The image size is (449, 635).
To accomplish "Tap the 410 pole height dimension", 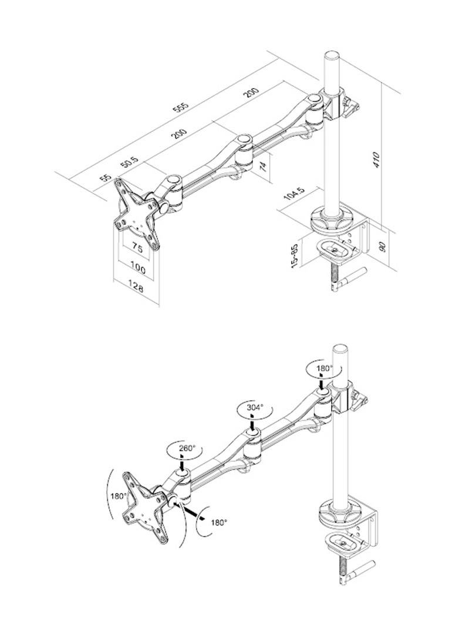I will [x=377, y=160].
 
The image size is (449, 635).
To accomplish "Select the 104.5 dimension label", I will [x=293, y=195].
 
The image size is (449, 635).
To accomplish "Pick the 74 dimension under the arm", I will [x=264, y=166].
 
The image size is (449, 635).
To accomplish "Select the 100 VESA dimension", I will [x=138, y=268].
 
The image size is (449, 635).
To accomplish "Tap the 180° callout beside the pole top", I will [x=325, y=369].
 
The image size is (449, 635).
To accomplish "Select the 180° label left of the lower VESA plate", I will [x=119, y=496].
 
